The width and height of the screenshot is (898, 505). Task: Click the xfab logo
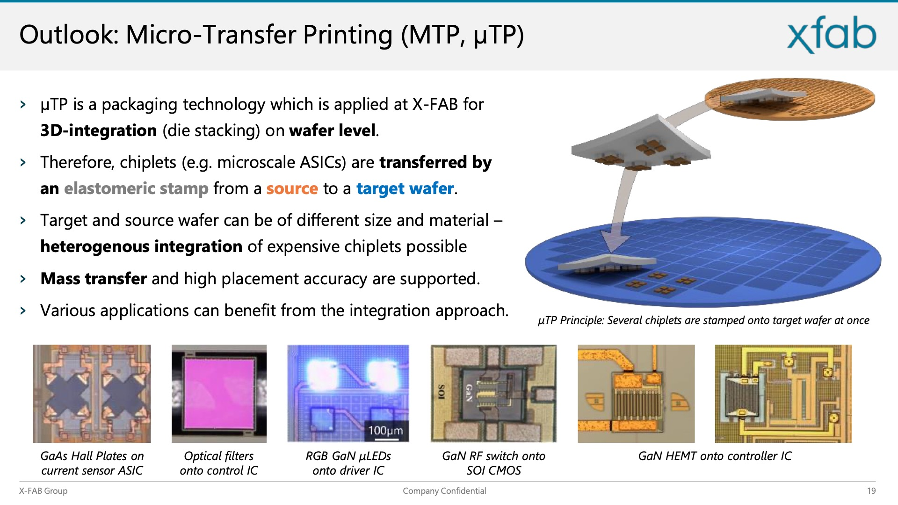(832, 35)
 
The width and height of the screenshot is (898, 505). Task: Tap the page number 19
(871, 491)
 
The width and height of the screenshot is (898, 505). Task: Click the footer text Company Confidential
(444, 491)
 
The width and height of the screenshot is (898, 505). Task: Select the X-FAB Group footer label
(43, 491)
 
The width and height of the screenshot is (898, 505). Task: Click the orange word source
(292, 188)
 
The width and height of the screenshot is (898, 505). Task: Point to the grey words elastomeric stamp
(136, 189)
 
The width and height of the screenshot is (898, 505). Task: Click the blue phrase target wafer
(405, 189)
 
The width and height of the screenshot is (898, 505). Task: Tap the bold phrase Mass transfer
(94, 279)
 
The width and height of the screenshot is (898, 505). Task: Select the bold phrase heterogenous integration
(141, 247)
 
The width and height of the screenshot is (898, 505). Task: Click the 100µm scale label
(386, 430)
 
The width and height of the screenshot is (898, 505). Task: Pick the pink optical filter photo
(219, 394)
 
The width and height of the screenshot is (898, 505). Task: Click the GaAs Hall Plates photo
(92, 394)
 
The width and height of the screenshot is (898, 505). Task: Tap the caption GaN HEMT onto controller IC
(715, 456)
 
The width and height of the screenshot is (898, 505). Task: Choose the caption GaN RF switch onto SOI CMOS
(494, 463)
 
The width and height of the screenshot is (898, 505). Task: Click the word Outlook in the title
(69, 35)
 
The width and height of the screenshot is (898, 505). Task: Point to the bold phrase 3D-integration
(98, 130)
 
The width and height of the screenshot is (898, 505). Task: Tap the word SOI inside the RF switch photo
(441, 392)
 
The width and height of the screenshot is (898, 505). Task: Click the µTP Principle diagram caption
(703, 321)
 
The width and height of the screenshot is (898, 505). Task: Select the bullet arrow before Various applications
(23, 311)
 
